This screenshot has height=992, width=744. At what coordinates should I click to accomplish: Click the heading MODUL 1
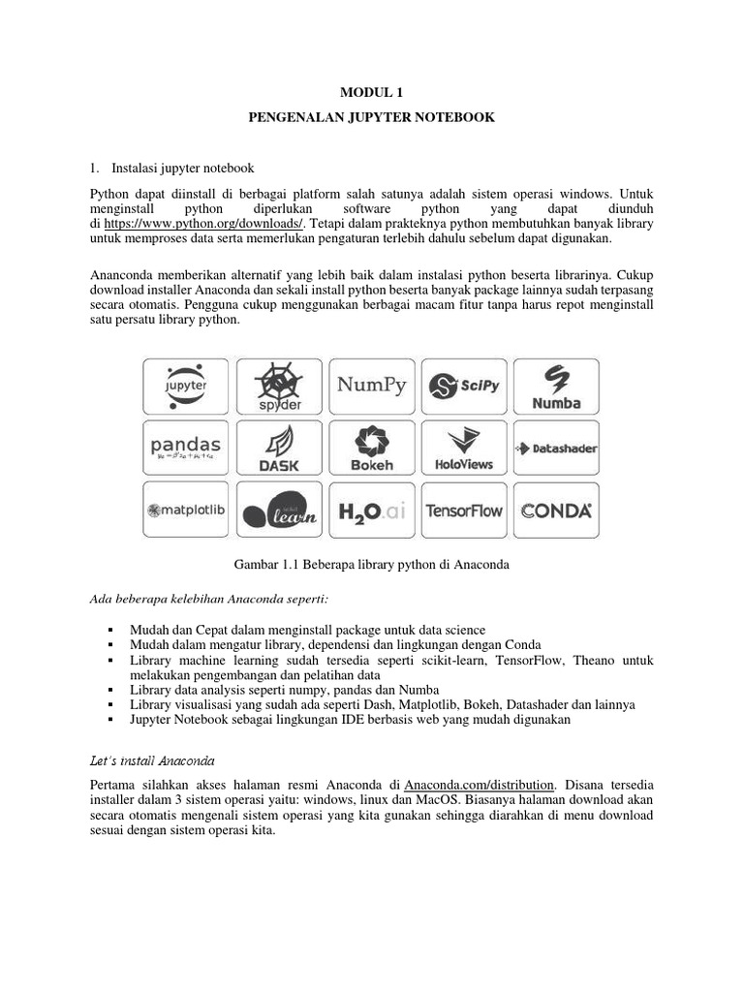[371, 93]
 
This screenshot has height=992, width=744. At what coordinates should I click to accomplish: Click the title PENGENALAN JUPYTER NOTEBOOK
[371, 117]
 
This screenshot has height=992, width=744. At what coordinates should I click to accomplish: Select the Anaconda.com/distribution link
[480, 783]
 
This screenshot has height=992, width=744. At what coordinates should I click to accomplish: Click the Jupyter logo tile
[186, 387]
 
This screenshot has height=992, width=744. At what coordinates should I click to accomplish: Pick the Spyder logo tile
[279, 387]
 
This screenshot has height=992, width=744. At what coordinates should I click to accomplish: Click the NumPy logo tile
[371, 387]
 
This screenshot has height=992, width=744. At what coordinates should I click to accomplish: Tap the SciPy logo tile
[464, 387]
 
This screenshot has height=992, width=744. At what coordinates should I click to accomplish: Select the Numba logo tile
[556, 387]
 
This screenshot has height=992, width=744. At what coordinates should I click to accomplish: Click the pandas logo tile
[186, 448]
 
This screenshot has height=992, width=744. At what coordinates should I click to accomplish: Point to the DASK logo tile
[279, 448]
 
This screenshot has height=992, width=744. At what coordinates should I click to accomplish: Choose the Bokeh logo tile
[371, 448]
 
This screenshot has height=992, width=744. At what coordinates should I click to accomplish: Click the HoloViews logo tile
[464, 448]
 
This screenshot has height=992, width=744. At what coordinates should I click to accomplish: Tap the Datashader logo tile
[556, 448]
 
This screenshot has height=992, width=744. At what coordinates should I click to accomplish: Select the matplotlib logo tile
[186, 510]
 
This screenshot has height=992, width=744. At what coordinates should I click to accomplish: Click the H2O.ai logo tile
[371, 510]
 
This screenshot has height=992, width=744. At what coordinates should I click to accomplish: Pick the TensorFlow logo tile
[464, 510]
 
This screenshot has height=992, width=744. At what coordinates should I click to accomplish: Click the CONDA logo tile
[556, 510]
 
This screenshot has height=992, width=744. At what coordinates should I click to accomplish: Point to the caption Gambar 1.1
[371, 564]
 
